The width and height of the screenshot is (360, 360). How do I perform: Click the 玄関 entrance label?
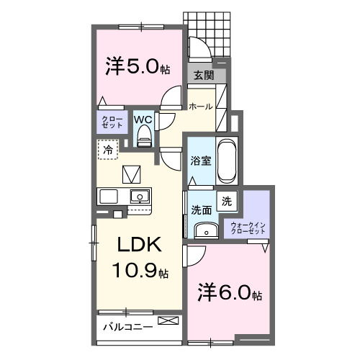pos(204,76)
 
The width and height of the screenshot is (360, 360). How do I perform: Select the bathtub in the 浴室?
pos(227,161)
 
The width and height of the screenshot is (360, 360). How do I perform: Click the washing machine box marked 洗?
pos(227,201)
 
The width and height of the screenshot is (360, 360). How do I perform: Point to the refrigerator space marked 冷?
pos(108,150)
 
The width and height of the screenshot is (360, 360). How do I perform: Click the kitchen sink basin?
pos(140,197)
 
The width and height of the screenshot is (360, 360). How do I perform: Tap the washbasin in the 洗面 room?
pos(206,230)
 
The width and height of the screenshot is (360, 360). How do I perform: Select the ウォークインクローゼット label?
pos(248,228)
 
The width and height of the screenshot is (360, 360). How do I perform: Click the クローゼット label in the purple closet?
pos(112,122)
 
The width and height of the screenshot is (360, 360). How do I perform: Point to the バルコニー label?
pos(128,327)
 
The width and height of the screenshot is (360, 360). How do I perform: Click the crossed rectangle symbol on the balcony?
pos(168,320)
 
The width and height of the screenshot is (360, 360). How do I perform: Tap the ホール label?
pos(201,107)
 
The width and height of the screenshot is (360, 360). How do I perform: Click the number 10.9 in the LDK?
pos(136,271)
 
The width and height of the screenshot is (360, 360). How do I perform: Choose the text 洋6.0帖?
pos(230,293)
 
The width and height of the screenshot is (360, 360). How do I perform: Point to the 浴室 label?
pos(201,161)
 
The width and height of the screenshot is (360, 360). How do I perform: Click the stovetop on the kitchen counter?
pos(109,197)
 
